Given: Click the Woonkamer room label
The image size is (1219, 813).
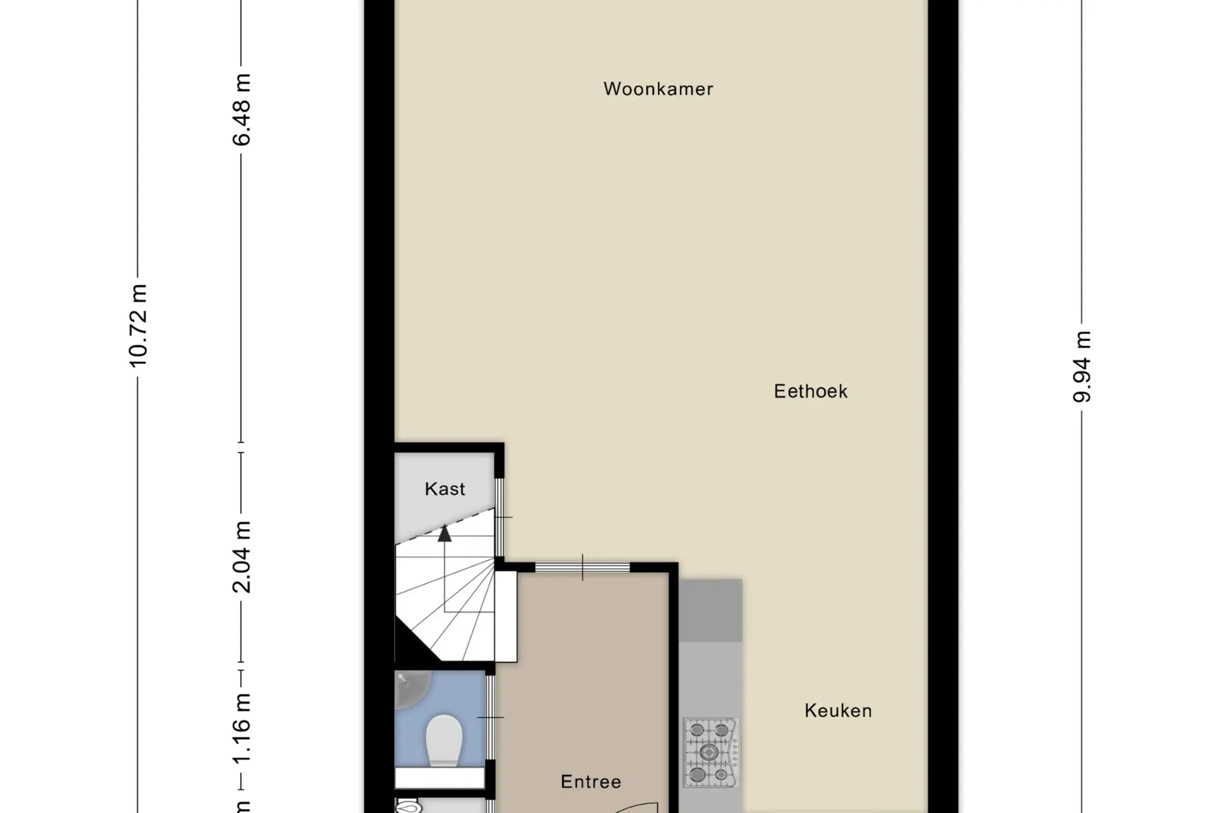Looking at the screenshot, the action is [658, 89].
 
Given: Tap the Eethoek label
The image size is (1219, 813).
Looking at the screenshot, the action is [811, 391].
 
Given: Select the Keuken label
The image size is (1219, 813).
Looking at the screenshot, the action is [838, 711].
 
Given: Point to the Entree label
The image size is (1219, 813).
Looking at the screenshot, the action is [590, 782].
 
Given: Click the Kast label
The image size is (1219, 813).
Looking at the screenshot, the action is [445, 489].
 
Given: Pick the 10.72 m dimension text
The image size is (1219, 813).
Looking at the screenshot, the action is [138, 326].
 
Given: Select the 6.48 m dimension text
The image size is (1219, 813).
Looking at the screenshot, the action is [242, 110].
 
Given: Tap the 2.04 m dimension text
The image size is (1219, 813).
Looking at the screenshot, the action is [242, 557].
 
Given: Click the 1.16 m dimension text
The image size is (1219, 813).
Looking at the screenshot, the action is [242, 729].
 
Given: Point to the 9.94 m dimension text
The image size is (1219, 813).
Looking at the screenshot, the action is [1082, 366].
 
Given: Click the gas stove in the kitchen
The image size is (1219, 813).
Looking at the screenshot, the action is [712, 753].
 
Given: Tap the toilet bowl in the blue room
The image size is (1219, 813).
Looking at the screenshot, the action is [444, 741].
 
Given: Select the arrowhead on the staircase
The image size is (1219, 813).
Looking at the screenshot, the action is [444, 534].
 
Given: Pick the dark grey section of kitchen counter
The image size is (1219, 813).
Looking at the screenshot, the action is [710, 610].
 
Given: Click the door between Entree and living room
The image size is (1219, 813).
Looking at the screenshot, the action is [582, 567].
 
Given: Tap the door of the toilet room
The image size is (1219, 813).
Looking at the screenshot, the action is [490, 717].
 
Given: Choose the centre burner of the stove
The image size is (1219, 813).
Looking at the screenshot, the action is [709, 753].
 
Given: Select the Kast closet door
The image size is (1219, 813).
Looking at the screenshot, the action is [500, 518].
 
